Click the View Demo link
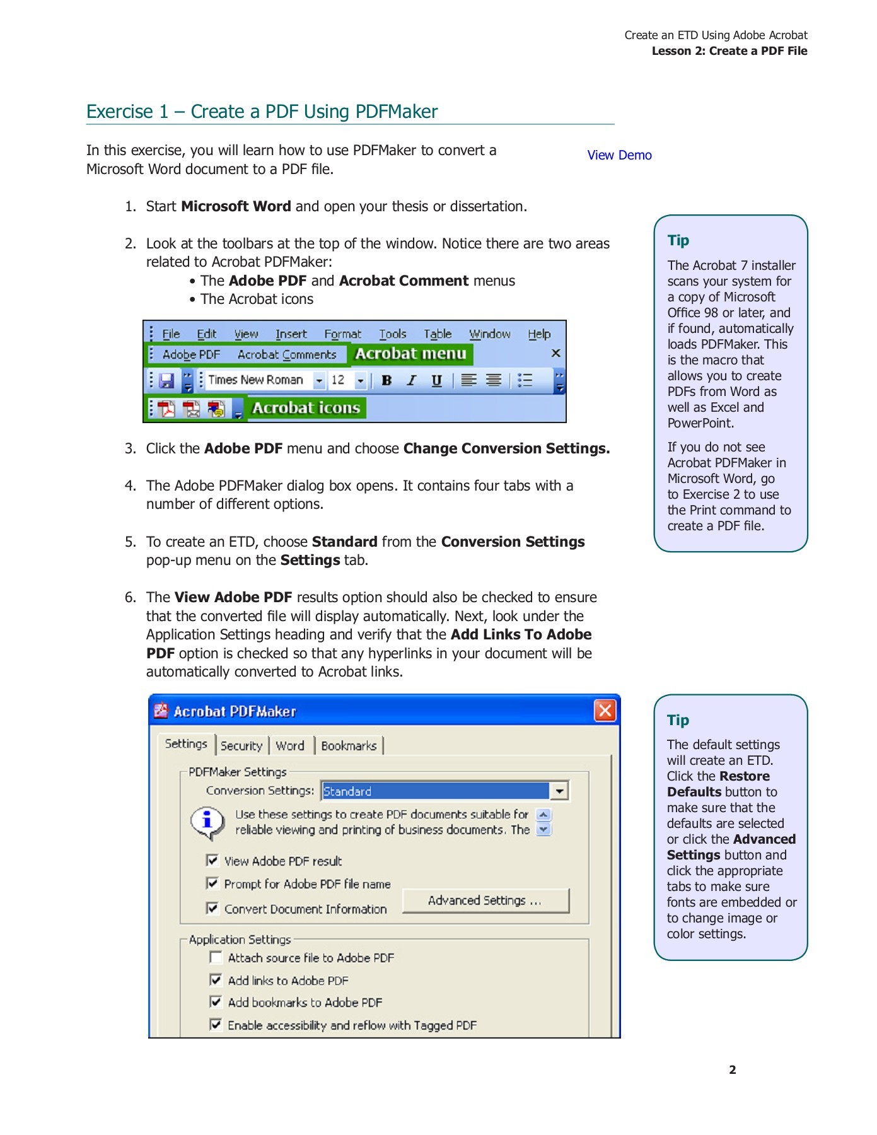click(x=619, y=155)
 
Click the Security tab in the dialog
click(x=241, y=746)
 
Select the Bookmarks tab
click(x=349, y=746)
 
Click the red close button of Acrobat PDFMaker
click(x=605, y=711)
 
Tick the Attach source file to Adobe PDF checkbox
click(x=216, y=958)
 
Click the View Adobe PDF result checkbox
click(x=212, y=861)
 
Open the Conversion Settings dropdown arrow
click(x=559, y=791)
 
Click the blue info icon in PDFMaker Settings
click(x=207, y=822)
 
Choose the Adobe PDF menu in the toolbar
click(x=191, y=355)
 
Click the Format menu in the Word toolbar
click(x=342, y=334)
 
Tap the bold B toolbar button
click(x=386, y=380)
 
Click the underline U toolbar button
click(x=436, y=380)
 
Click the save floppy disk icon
click(x=166, y=380)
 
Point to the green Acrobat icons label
click(x=306, y=408)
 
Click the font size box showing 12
click(x=339, y=380)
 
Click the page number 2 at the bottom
click(x=732, y=1069)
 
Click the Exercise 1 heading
click(x=262, y=112)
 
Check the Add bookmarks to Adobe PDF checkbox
click(x=216, y=1002)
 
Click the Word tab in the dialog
click(x=290, y=746)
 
